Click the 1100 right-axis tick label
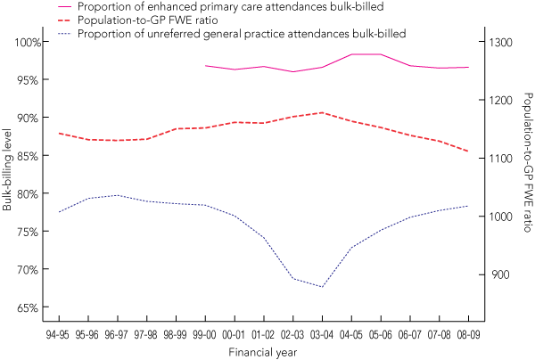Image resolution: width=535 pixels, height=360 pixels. [502, 159]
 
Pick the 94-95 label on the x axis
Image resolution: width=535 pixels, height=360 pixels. [59, 332]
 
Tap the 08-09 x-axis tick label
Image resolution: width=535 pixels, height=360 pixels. [468, 332]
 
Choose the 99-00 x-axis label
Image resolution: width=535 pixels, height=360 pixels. [205, 332]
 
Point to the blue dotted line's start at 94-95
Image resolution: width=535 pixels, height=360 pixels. [59, 212]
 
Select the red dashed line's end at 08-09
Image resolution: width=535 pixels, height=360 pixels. [468, 151]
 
